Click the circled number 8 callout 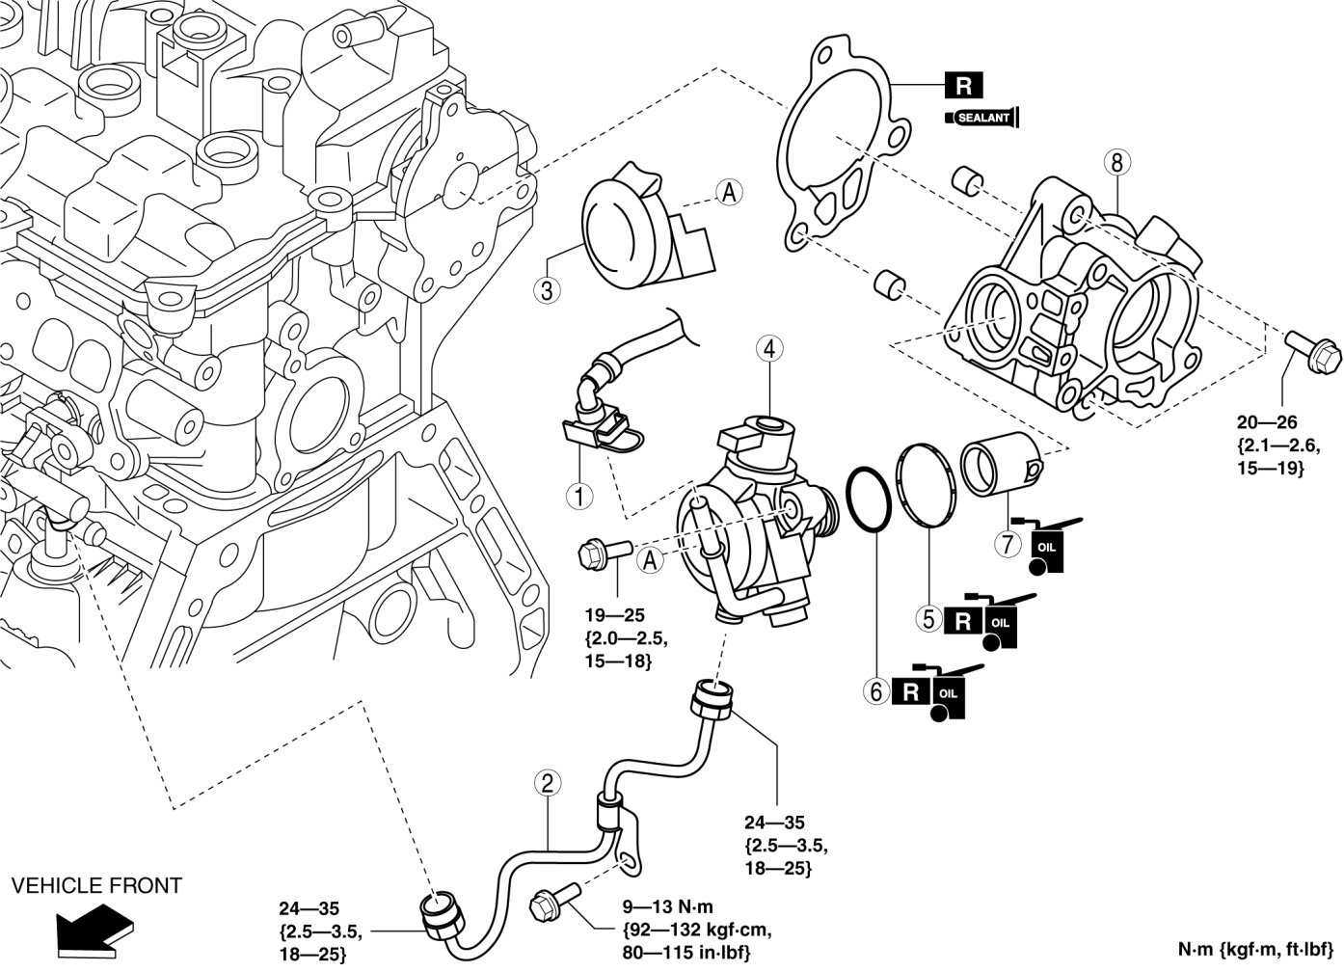tap(1116, 163)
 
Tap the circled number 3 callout tap(547, 290)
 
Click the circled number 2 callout tap(547, 783)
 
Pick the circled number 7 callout tap(1008, 544)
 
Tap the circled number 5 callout tap(928, 618)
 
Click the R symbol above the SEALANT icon tap(963, 86)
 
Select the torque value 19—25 tap(614, 614)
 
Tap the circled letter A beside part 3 tap(728, 193)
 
